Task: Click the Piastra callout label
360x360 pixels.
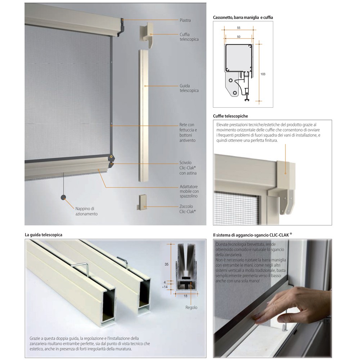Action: (185, 20)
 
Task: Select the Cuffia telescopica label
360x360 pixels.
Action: (189, 37)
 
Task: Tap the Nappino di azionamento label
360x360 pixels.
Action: (86, 211)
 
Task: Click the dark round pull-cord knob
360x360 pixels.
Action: (63, 197)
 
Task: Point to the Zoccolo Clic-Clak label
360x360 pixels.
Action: (187, 209)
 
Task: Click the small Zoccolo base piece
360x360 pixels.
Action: (142, 202)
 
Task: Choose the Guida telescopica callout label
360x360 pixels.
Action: (189, 88)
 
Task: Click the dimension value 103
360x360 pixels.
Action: (263, 74)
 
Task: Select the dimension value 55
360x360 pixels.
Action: (239, 28)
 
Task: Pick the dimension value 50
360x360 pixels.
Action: (239, 37)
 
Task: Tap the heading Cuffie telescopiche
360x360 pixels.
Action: (230, 116)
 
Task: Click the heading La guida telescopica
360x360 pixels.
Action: (44, 235)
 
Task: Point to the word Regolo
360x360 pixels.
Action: (191, 307)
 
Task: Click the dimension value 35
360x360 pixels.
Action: (166, 264)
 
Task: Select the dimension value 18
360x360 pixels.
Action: (185, 296)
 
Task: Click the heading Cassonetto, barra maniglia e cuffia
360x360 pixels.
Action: (243, 17)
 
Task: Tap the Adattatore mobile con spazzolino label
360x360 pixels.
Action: (189, 191)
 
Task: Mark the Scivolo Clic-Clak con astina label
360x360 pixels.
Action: (188, 168)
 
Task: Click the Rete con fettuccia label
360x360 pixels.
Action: (188, 132)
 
